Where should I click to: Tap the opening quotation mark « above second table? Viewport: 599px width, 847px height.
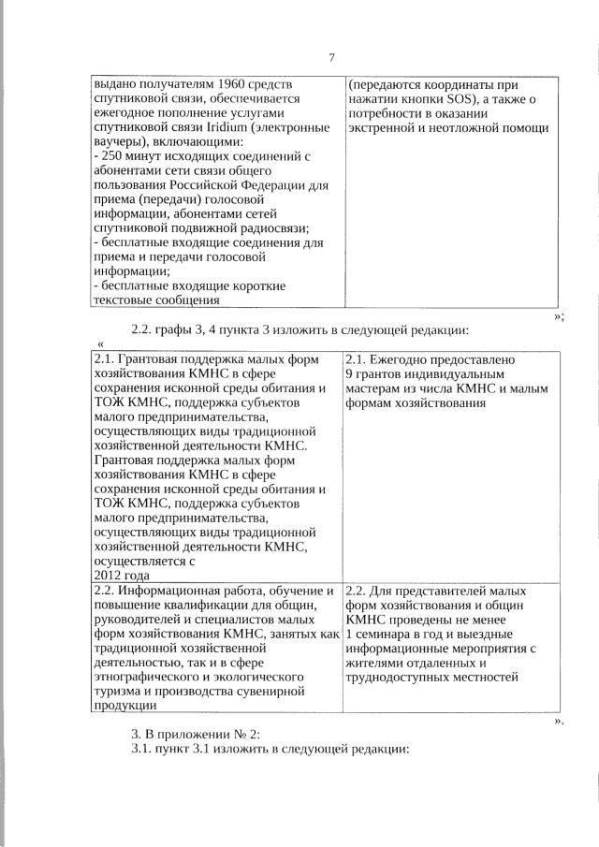[x=99, y=345]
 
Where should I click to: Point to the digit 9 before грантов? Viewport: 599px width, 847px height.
[x=349, y=373]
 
